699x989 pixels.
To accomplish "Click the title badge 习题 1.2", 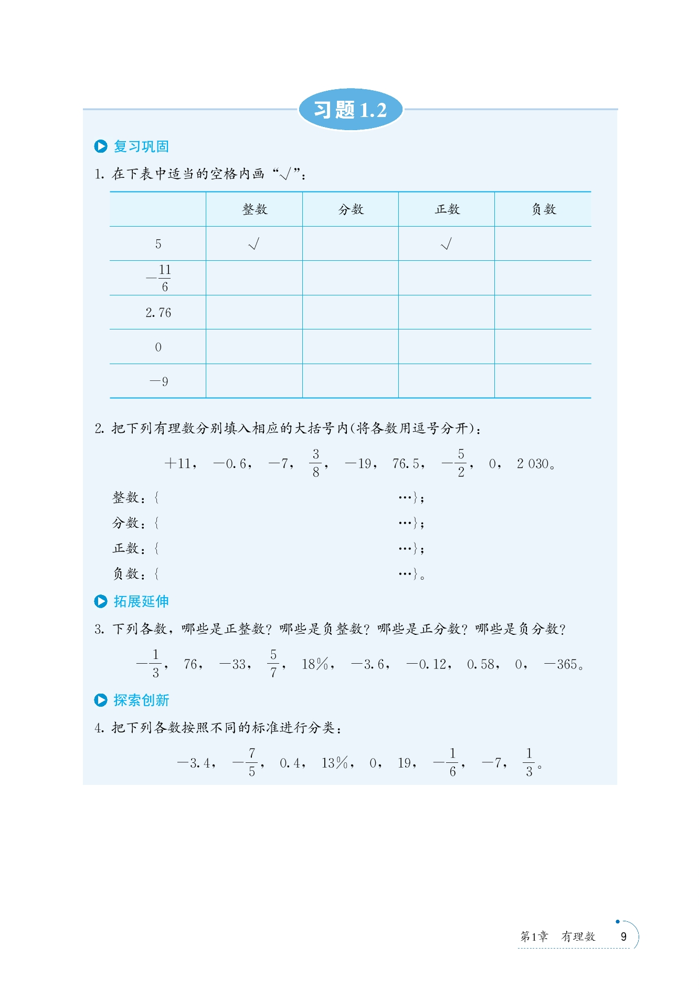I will tap(351, 110).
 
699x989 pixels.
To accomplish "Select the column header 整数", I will tap(255, 209).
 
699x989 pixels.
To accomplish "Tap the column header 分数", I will tap(351, 209).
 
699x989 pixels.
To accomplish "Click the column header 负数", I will tap(543, 209).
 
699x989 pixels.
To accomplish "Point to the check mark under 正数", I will tap(447, 244).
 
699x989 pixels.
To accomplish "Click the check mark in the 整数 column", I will tap(254, 244).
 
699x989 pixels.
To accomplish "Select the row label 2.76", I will tap(158, 313).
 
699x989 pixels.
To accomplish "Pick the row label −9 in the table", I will tap(159, 381).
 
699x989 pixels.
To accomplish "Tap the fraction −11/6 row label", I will tap(159, 278).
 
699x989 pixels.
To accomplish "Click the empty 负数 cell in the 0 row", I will tap(543, 347).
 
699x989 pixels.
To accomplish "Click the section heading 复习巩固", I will tap(141, 146).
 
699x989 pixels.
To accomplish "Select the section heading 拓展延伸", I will tap(141, 601).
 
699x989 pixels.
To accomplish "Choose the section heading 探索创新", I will tap(141, 700).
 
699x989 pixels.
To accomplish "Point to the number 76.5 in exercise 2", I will tap(406, 464).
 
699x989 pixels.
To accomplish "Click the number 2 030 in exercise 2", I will tap(533, 464).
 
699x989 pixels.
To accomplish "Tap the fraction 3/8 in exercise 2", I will tap(316, 463).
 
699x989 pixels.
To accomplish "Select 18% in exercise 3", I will tap(315, 664).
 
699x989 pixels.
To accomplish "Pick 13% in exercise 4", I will tap(335, 763).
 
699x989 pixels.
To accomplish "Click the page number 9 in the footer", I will tap(623, 937).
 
